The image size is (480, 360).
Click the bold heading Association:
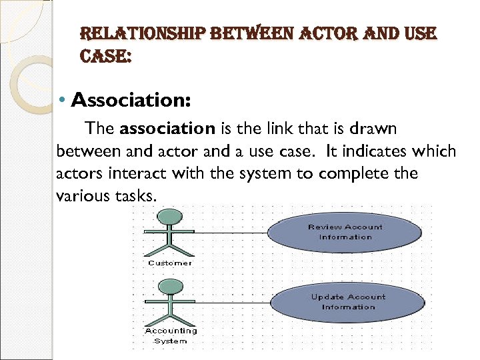click(x=131, y=101)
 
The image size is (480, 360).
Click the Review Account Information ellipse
click(x=345, y=232)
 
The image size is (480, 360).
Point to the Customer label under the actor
click(x=170, y=263)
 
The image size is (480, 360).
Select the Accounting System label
click(x=171, y=335)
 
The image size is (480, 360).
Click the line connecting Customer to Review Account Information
click(x=230, y=233)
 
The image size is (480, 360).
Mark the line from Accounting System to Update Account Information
click(x=230, y=302)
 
